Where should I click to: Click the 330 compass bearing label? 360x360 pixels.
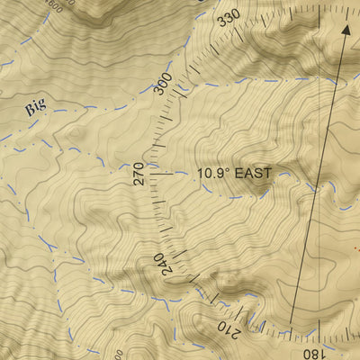click(229, 21)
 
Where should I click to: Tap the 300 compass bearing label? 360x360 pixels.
click(162, 84)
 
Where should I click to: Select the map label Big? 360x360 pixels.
click(35, 107)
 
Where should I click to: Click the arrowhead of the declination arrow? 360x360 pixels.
click(345, 28)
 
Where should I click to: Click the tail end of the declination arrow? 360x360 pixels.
click(291, 321)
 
